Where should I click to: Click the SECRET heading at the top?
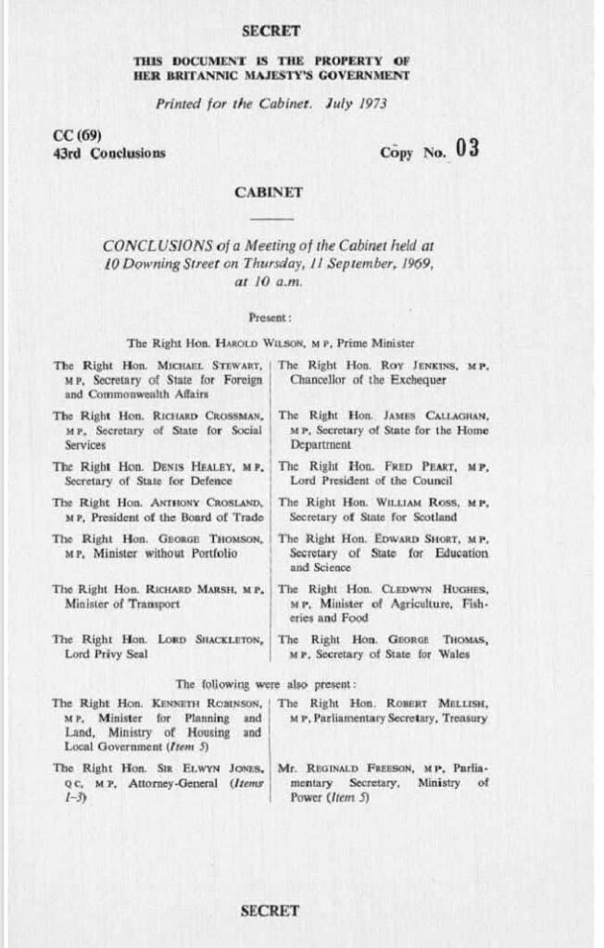(271, 31)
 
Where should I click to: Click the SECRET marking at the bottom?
(270, 910)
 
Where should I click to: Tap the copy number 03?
(466, 149)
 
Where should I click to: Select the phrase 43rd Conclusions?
(109, 153)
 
